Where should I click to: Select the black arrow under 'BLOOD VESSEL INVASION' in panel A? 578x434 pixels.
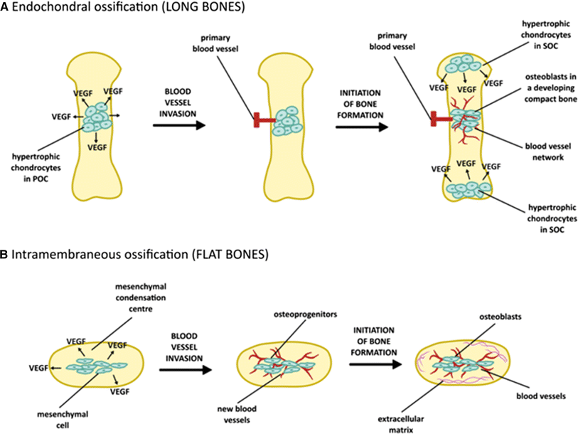(180, 126)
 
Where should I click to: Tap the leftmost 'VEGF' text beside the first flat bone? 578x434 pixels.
(39, 368)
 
